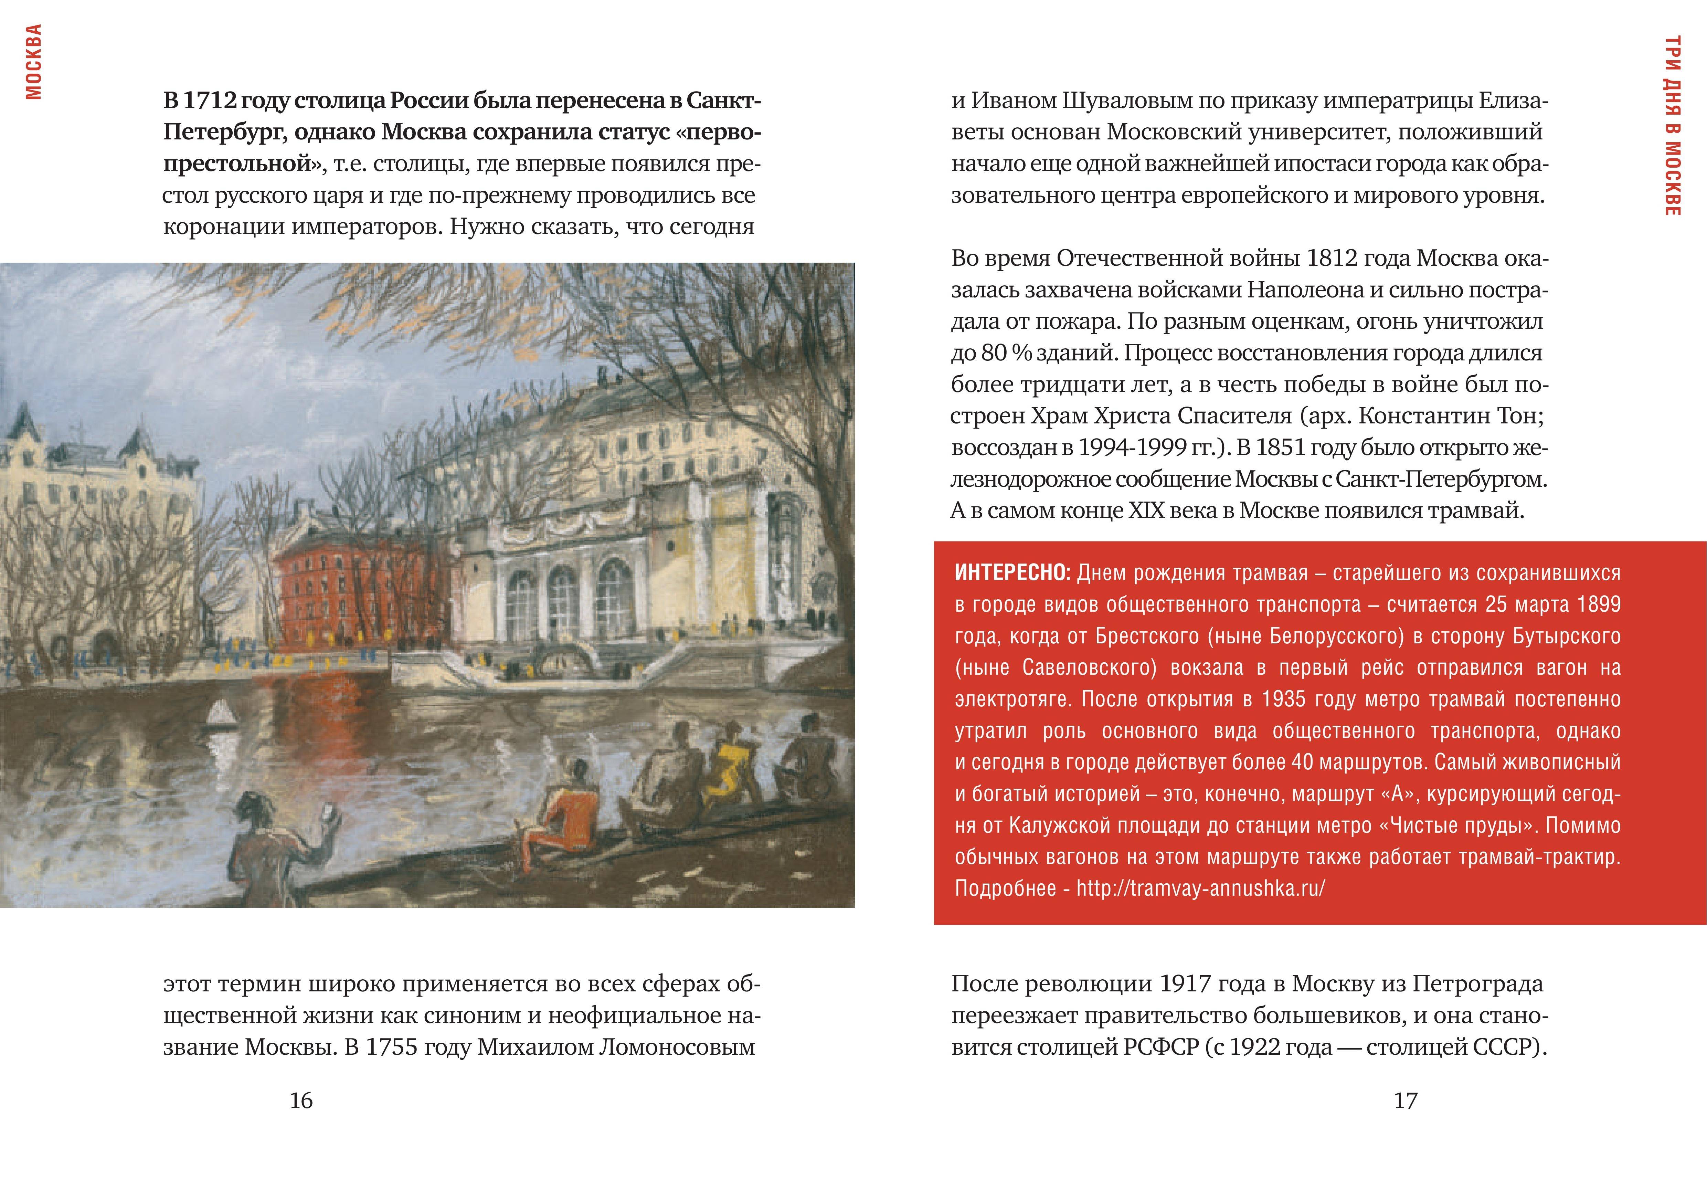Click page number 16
click(301, 1101)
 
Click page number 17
click(1405, 1101)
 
